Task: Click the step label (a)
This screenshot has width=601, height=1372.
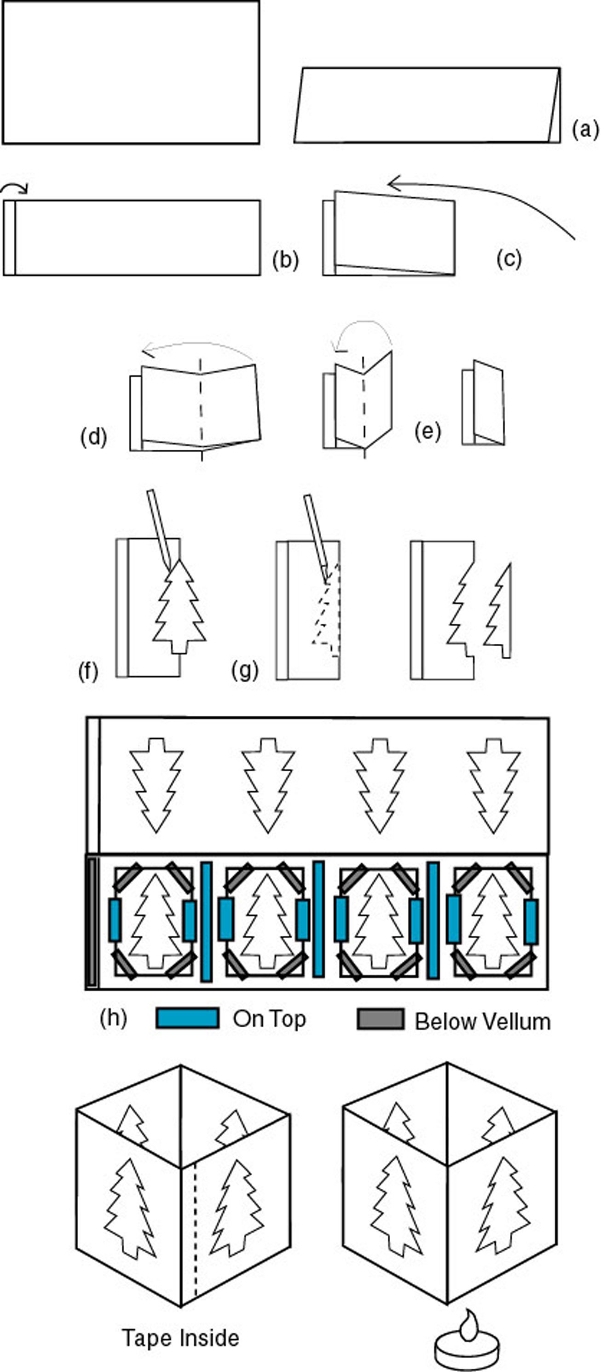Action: pyautogui.click(x=585, y=129)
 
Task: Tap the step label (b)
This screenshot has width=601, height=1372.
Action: pyautogui.click(x=285, y=260)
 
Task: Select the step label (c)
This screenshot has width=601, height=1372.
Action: pyautogui.click(x=509, y=259)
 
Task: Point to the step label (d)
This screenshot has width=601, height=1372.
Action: pyautogui.click(x=94, y=437)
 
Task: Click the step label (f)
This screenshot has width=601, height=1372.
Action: pyautogui.click(x=88, y=672)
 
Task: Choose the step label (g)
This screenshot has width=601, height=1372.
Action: pyautogui.click(x=245, y=670)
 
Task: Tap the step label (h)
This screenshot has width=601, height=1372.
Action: pyautogui.click(x=113, y=1018)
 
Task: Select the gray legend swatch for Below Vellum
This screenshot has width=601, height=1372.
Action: pyautogui.click(x=380, y=1019)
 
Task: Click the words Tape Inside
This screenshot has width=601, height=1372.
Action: pyautogui.click(x=180, y=1337)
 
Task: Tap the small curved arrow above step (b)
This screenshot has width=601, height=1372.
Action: pyautogui.click(x=14, y=187)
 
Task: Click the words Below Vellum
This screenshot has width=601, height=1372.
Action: pyautogui.click(x=482, y=1022)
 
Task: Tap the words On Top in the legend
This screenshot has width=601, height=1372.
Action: pyautogui.click(x=269, y=1019)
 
